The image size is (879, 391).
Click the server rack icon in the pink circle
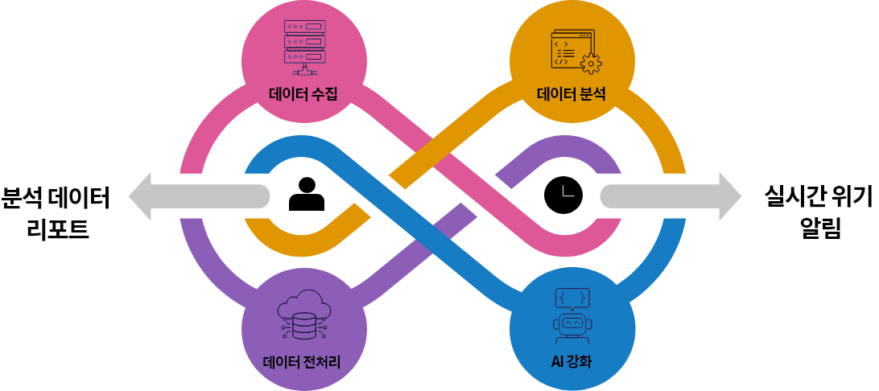pos(303,45)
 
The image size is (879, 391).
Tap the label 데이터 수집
pos(303,96)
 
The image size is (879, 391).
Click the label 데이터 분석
pos(572,96)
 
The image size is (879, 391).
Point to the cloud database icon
pos(303,316)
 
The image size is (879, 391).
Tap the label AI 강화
pos(572,360)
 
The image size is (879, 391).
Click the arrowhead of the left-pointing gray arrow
pos(142,195)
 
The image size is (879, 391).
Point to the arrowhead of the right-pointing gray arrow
pos(728,195)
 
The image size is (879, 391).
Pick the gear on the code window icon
pos(591,63)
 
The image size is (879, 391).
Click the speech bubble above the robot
pos(573,297)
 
